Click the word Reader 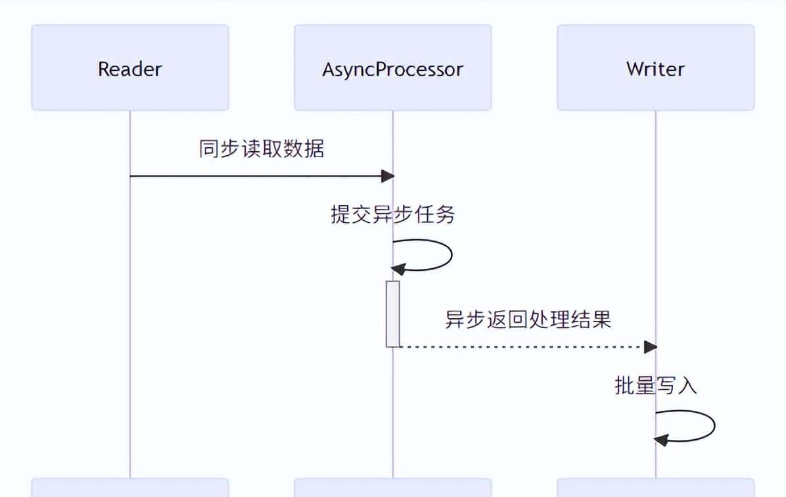pos(130,69)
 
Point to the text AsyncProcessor pos(393,70)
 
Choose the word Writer pos(656,69)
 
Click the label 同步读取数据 pos(262,149)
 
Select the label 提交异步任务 pos(393,214)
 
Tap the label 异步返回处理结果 pos(528,319)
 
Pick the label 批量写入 pos(655,385)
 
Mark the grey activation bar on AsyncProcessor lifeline pos(393,314)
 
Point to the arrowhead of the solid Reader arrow pos(388,176)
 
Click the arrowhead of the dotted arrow pos(651,346)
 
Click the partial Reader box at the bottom pos(130,488)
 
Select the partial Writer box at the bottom pos(656,488)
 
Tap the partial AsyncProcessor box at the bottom pos(393,488)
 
